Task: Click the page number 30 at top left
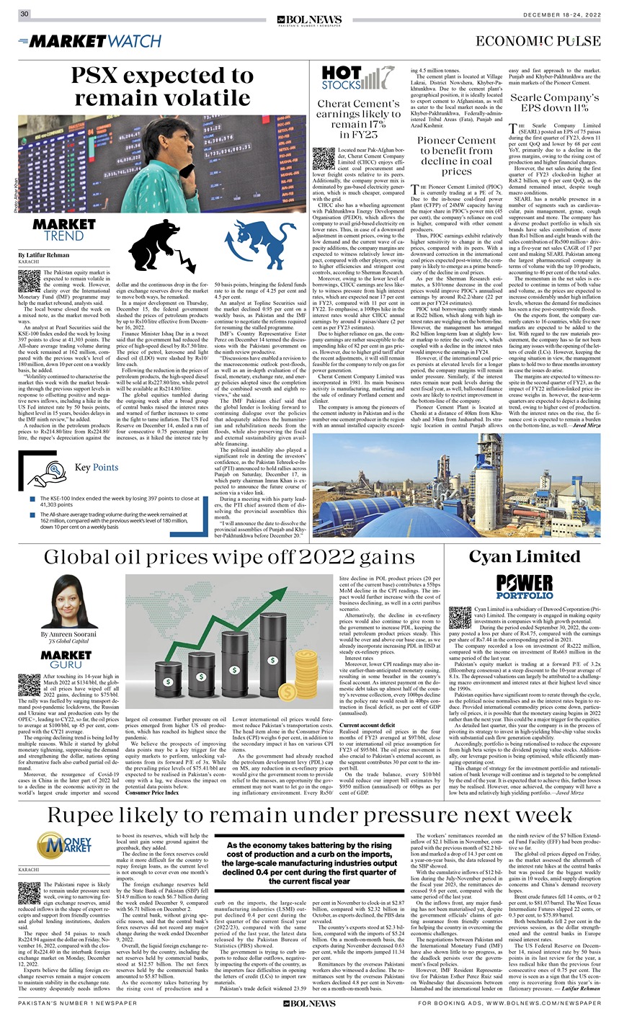click(x=25, y=14)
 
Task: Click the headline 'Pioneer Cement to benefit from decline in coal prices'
click(x=456, y=156)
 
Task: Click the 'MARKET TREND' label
click(x=63, y=230)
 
